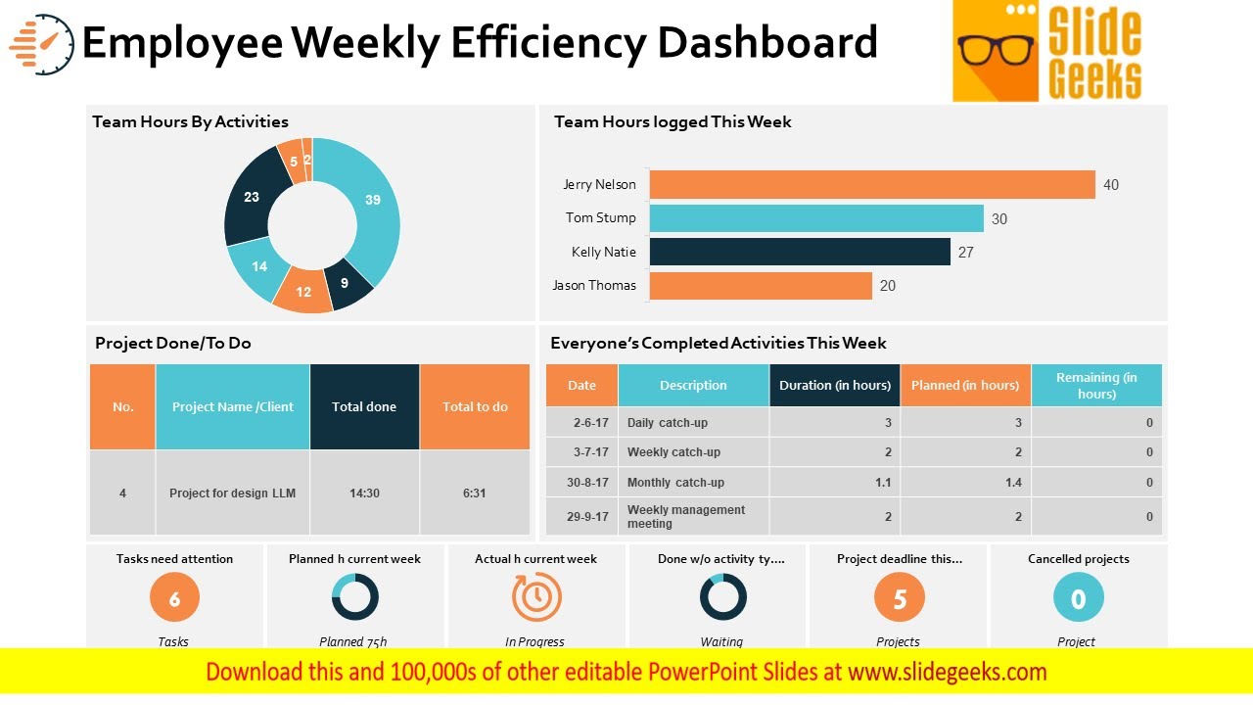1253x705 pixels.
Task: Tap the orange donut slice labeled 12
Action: click(x=303, y=292)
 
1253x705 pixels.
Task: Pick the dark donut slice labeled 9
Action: click(x=347, y=283)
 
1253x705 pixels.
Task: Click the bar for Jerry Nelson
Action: click(x=871, y=185)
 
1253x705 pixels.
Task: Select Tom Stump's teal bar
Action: click(x=815, y=218)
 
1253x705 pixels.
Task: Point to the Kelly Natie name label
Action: click(x=603, y=252)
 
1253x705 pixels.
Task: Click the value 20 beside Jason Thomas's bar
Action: click(x=887, y=286)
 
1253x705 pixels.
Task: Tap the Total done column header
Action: click(x=364, y=406)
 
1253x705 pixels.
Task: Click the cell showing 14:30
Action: click(x=364, y=493)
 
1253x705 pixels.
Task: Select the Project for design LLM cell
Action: click(x=232, y=493)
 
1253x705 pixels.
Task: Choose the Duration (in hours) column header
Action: click(x=834, y=385)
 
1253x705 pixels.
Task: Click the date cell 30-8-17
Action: click(x=588, y=483)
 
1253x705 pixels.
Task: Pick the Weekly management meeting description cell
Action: click(x=692, y=516)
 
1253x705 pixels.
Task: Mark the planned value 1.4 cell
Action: click(x=965, y=483)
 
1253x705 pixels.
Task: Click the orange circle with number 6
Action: click(x=174, y=598)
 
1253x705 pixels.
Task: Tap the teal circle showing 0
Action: click(x=1078, y=598)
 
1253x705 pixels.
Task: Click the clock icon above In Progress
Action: click(x=536, y=597)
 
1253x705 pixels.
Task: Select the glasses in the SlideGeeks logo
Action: click(x=996, y=49)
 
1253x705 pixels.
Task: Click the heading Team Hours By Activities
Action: click(x=190, y=121)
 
